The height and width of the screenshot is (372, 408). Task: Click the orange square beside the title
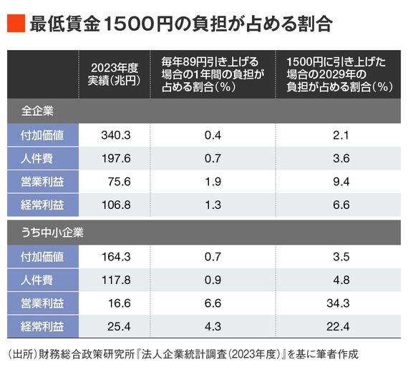(x=16, y=24)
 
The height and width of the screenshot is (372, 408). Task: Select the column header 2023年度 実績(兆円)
(x=114, y=74)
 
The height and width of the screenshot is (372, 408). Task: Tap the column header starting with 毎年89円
(x=213, y=74)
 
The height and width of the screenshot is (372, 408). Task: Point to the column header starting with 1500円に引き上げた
(x=339, y=74)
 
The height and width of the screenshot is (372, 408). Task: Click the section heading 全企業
(x=37, y=111)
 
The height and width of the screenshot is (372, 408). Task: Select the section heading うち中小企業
(x=52, y=232)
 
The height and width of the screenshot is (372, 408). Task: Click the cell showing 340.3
(x=116, y=135)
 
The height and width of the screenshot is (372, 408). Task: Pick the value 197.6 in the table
(x=116, y=158)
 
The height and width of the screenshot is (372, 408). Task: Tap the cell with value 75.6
(x=119, y=182)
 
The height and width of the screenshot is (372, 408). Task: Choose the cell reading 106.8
(x=116, y=205)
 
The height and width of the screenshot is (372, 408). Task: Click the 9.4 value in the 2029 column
(x=341, y=182)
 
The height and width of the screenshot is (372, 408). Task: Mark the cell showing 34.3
(x=338, y=303)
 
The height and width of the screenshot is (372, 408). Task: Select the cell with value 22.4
(x=338, y=326)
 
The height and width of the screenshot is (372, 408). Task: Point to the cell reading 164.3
(x=116, y=257)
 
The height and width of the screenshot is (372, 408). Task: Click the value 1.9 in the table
(x=213, y=182)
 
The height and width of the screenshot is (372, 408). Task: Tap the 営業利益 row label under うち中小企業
(x=42, y=303)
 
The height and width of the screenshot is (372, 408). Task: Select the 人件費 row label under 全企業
(x=37, y=158)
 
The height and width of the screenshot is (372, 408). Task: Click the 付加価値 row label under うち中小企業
(x=42, y=257)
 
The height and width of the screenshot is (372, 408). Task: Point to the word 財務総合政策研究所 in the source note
(x=87, y=354)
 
